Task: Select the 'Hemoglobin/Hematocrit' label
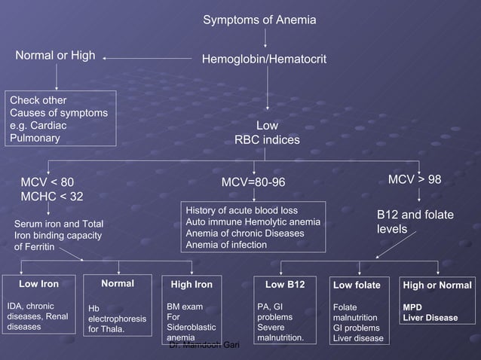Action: coord(263,58)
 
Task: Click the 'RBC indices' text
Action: coord(267,140)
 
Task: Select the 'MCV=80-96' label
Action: coord(254,182)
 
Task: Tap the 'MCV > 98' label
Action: coord(414,180)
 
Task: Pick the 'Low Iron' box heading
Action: coord(38,284)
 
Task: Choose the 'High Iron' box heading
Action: coord(191,285)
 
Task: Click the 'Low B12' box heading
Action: coord(285,285)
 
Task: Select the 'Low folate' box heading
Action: coord(357,285)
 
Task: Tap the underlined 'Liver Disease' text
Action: coord(430,318)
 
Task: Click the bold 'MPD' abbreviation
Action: coord(412,307)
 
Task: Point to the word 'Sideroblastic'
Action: coord(191,328)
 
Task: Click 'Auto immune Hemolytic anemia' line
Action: coord(253,222)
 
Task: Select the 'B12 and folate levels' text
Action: coord(415,221)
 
